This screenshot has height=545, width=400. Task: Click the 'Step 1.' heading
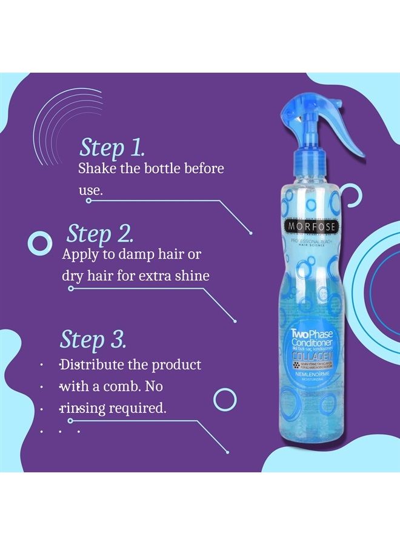[112, 147]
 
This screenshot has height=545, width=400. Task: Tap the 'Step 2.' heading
[100, 234]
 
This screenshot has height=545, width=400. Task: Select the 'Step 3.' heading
[93, 340]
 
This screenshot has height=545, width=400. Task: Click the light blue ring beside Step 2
[41, 243]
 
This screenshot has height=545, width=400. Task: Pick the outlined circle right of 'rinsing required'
[225, 399]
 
